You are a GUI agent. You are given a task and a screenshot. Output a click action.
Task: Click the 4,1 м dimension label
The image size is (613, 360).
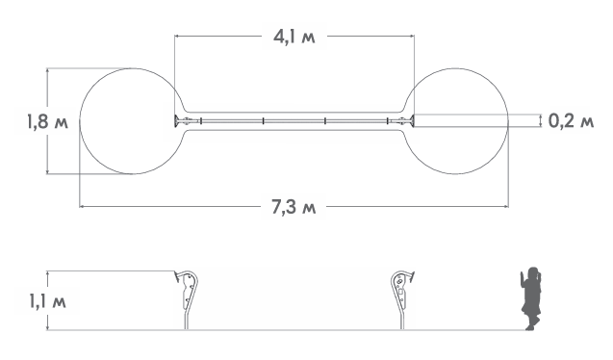tap(294, 38)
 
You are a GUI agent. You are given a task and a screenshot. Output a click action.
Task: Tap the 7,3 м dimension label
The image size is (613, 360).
tap(294, 207)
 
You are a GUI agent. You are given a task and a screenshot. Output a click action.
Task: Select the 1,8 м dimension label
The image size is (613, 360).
tap(47, 121)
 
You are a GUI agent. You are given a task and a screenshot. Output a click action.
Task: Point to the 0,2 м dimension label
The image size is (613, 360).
tap(572, 121)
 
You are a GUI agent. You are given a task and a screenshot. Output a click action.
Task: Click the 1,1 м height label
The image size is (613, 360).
tap(48, 301)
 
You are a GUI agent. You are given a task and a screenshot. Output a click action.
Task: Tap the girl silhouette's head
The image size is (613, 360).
tap(533, 273)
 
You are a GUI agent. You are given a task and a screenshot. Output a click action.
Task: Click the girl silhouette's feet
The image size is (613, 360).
tap(530, 326)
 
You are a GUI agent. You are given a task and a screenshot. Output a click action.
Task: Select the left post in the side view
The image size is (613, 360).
tap(188, 299)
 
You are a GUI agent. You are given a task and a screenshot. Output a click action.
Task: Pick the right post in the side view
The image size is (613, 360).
tap(402, 299)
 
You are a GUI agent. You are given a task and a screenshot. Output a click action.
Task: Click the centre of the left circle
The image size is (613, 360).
tap(132, 121)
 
